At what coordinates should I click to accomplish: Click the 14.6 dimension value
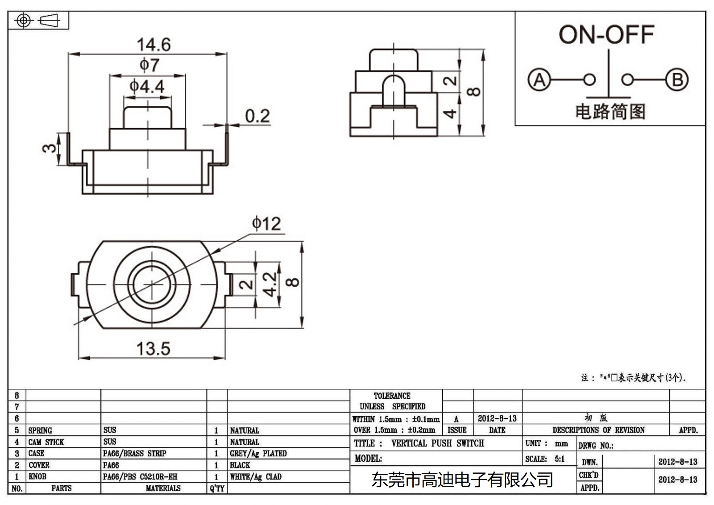click(154, 45)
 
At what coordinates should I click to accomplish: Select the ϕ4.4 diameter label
click(147, 86)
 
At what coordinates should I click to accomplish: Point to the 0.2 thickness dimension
click(257, 116)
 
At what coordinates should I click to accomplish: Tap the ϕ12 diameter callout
click(266, 223)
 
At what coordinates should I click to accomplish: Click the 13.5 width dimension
click(153, 349)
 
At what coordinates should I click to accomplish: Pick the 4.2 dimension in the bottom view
click(270, 284)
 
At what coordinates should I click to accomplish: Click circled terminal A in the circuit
click(539, 80)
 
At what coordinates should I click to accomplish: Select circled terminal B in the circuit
click(677, 80)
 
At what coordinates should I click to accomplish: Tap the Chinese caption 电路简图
click(610, 112)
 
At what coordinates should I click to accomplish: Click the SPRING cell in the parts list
click(40, 430)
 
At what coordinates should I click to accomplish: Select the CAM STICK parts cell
click(46, 442)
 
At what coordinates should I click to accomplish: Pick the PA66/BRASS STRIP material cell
click(134, 454)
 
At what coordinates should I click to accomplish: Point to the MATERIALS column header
click(163, 488)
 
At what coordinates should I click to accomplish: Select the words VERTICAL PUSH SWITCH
click(437, 443)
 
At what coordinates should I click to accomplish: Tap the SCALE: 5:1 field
click(545, 459)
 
